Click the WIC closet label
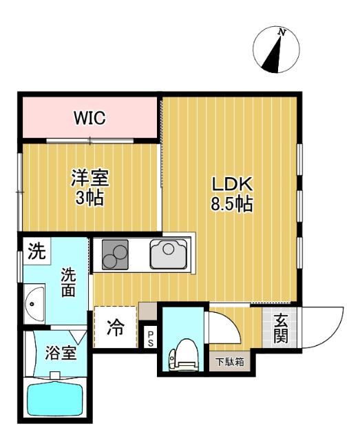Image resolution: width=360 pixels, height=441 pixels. pyautogui.click(x=90, y=118)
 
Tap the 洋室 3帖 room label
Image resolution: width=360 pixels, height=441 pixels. pyautogui.click(x=89, y=187)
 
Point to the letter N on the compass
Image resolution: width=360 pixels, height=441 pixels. pyautogui.click(x=281, y=32)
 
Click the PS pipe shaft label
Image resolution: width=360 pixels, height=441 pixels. pyautogui.click(x=151, y=337)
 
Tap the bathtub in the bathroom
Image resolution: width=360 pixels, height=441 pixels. pyautogui.click(x=54, y=400)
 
